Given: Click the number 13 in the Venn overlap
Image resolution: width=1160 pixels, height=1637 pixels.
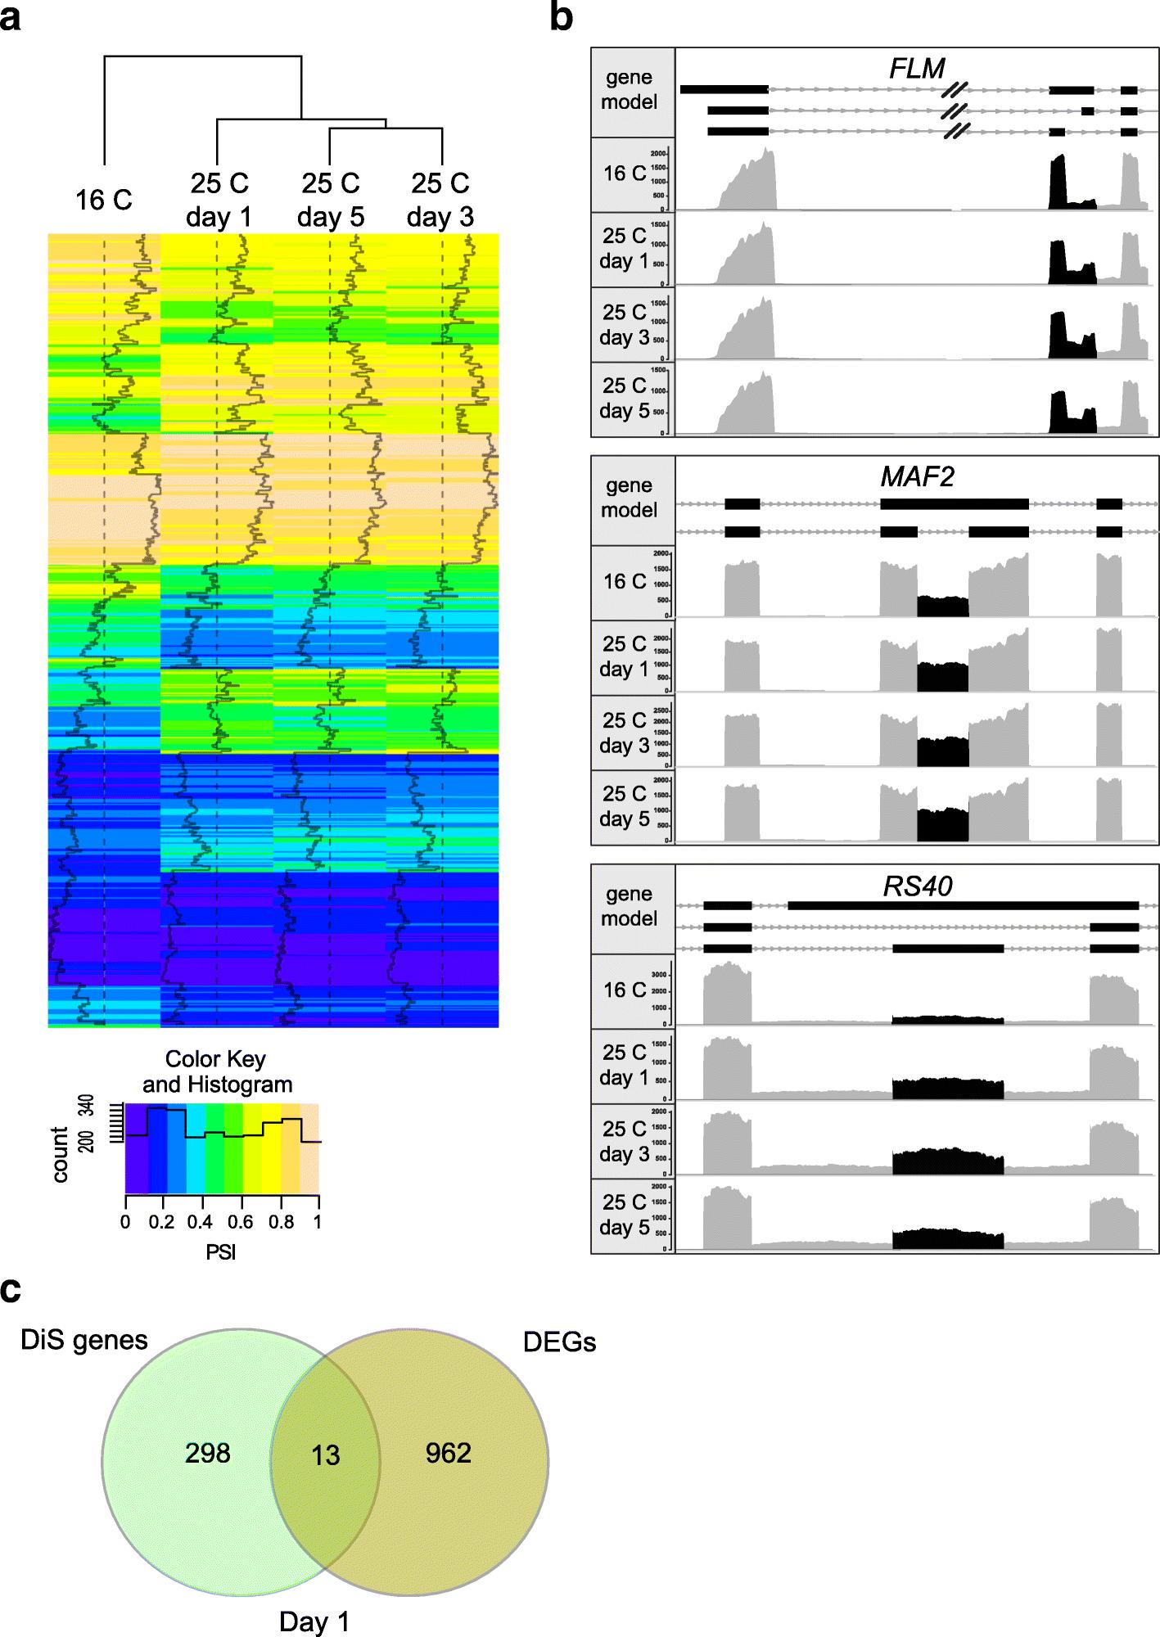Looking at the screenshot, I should tap(325, 1455).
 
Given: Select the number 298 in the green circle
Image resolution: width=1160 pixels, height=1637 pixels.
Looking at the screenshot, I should tap(207, 1453).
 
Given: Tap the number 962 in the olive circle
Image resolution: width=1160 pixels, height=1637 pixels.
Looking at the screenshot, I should tap(448, 1453).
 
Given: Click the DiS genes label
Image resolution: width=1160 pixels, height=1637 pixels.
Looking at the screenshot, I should tap(84, 1340).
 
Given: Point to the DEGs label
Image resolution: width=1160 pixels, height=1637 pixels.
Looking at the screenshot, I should tap(559, 1342).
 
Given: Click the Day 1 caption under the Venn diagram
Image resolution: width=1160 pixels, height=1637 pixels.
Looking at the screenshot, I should tap(314, 1621).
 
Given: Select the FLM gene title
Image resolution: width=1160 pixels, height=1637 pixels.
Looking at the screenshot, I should tap(917, 69).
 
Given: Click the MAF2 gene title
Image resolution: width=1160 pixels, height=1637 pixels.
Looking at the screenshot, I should tap(917, 476).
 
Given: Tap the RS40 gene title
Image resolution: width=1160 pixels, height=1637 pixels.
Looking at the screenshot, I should tap(917, 886).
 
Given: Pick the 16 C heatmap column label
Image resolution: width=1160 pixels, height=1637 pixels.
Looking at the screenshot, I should tap(103, 200).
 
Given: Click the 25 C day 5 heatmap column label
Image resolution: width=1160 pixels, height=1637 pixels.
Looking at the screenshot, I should tap(330, 200).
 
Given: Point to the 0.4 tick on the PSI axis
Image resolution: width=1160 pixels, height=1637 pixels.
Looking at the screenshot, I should tap(199, 1222).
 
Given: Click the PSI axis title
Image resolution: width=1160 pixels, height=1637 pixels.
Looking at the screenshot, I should tap(220, 1251).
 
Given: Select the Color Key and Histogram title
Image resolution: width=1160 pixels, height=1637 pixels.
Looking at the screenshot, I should tap(217, 1071).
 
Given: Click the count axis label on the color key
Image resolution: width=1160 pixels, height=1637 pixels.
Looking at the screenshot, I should tap(61, 1154).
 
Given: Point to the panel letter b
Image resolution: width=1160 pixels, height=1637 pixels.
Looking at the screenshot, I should tap(561, 18).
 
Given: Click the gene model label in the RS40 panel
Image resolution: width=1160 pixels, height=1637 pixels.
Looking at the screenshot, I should tap(629, 906).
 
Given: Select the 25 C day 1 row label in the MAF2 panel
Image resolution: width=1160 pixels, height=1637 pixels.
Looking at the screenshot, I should tap(624, 656).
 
